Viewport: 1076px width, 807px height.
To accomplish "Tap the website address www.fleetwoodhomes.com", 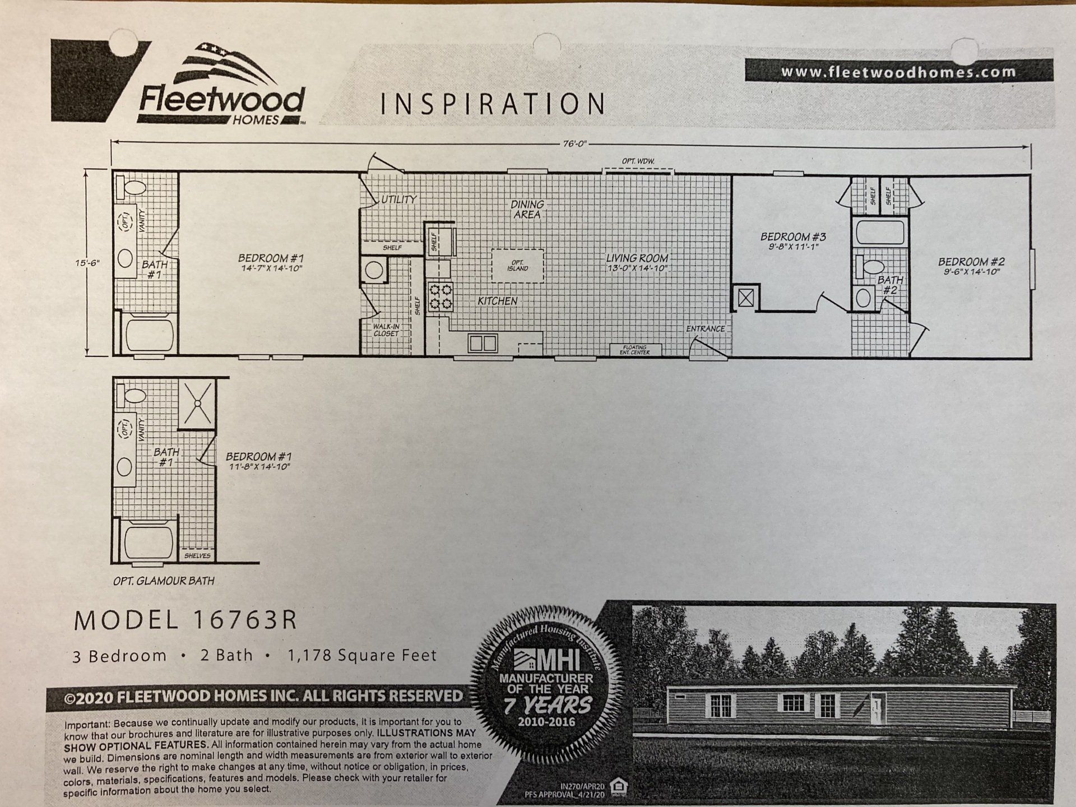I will click(898, 72).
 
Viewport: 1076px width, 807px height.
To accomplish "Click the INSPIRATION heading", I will click(493, 104).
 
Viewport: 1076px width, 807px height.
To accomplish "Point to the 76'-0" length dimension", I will click(575, 143).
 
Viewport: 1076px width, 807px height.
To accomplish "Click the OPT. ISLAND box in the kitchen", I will click(517, 266).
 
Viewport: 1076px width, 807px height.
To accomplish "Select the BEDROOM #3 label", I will click(793, 236).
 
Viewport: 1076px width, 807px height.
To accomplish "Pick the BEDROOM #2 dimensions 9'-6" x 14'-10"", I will click(971, 272).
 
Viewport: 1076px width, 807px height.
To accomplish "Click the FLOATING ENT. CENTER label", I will click(635, 350).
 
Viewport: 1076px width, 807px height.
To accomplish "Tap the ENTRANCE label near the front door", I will click(705, 329).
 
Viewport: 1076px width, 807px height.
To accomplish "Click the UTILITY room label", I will click(399, 199).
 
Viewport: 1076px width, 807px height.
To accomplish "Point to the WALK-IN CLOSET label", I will click(386, 330).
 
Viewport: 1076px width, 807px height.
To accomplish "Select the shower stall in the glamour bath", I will click(197, 402).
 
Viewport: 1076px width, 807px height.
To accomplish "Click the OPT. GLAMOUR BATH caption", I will click(164, 581).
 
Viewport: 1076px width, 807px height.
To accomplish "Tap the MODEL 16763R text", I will click(185, 620).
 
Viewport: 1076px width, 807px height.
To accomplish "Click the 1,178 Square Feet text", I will click(362, 655).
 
